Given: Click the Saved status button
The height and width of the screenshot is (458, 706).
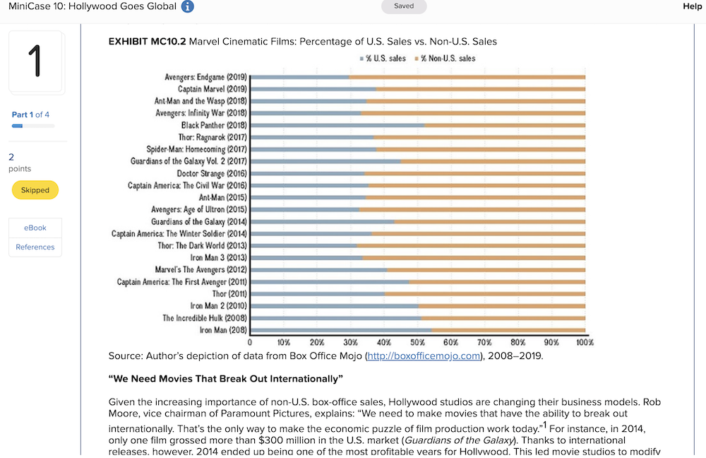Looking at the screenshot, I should pos(404,6).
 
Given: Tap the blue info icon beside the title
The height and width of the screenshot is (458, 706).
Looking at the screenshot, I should pos(187,7).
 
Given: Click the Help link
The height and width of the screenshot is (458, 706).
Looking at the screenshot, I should pos(693,6).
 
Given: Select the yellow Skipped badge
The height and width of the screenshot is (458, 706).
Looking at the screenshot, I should pos(35,190).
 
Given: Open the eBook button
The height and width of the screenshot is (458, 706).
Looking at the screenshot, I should pos(35,228).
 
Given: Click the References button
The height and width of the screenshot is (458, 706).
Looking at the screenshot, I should pos(35,247).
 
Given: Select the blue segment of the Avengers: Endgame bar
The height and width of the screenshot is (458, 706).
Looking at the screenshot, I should pos(299,77).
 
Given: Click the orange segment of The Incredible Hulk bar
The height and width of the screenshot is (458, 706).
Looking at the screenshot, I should pos(503,318).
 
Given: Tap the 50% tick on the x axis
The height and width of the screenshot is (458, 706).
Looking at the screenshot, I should pos(417,342).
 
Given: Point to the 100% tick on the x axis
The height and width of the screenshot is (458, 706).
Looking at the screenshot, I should pos(584,342).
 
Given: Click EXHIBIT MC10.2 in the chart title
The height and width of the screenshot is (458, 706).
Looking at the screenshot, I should pos(147,42).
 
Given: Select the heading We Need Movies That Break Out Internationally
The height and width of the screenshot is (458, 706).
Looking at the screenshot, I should pos(225,378).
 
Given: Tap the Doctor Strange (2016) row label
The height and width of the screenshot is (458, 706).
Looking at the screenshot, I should pos(211,173).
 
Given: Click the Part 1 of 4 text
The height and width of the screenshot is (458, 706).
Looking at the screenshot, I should pos(30,114).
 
